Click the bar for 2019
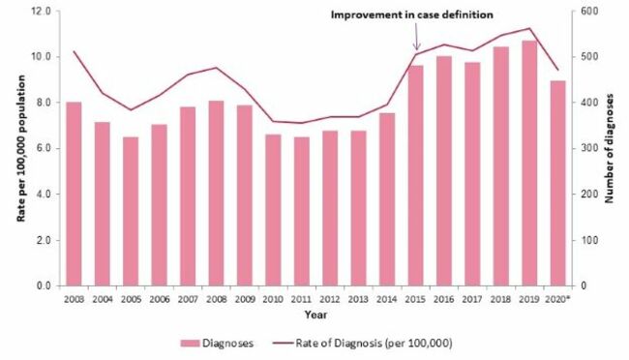[528, 164]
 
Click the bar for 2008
[216, 193]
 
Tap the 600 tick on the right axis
[584, 12]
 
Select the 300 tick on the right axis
[584, 148]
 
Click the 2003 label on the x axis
[74, 299]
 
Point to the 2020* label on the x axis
[558, 299]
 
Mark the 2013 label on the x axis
[358, 299]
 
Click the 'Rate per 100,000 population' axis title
[19, 148]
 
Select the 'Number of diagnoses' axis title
[612, 148]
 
